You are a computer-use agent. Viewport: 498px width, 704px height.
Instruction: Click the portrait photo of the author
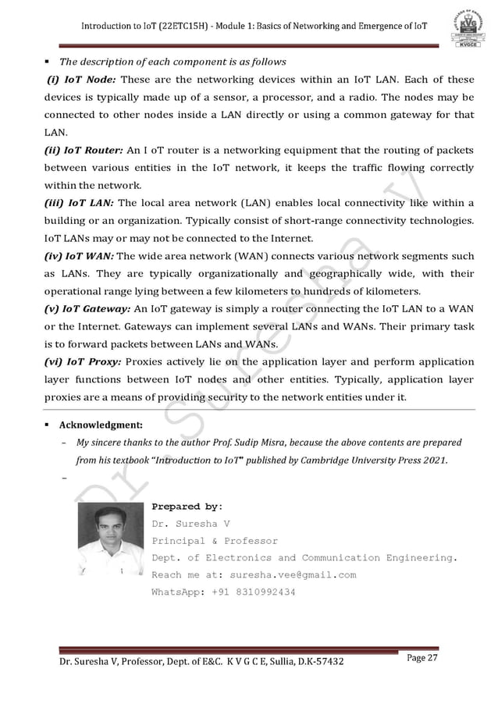point(110,539)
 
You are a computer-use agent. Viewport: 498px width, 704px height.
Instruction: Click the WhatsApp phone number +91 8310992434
point(253,592)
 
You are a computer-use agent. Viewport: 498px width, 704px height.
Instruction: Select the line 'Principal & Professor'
point(214,540)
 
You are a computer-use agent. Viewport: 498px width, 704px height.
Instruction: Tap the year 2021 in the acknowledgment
point(433,460)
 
